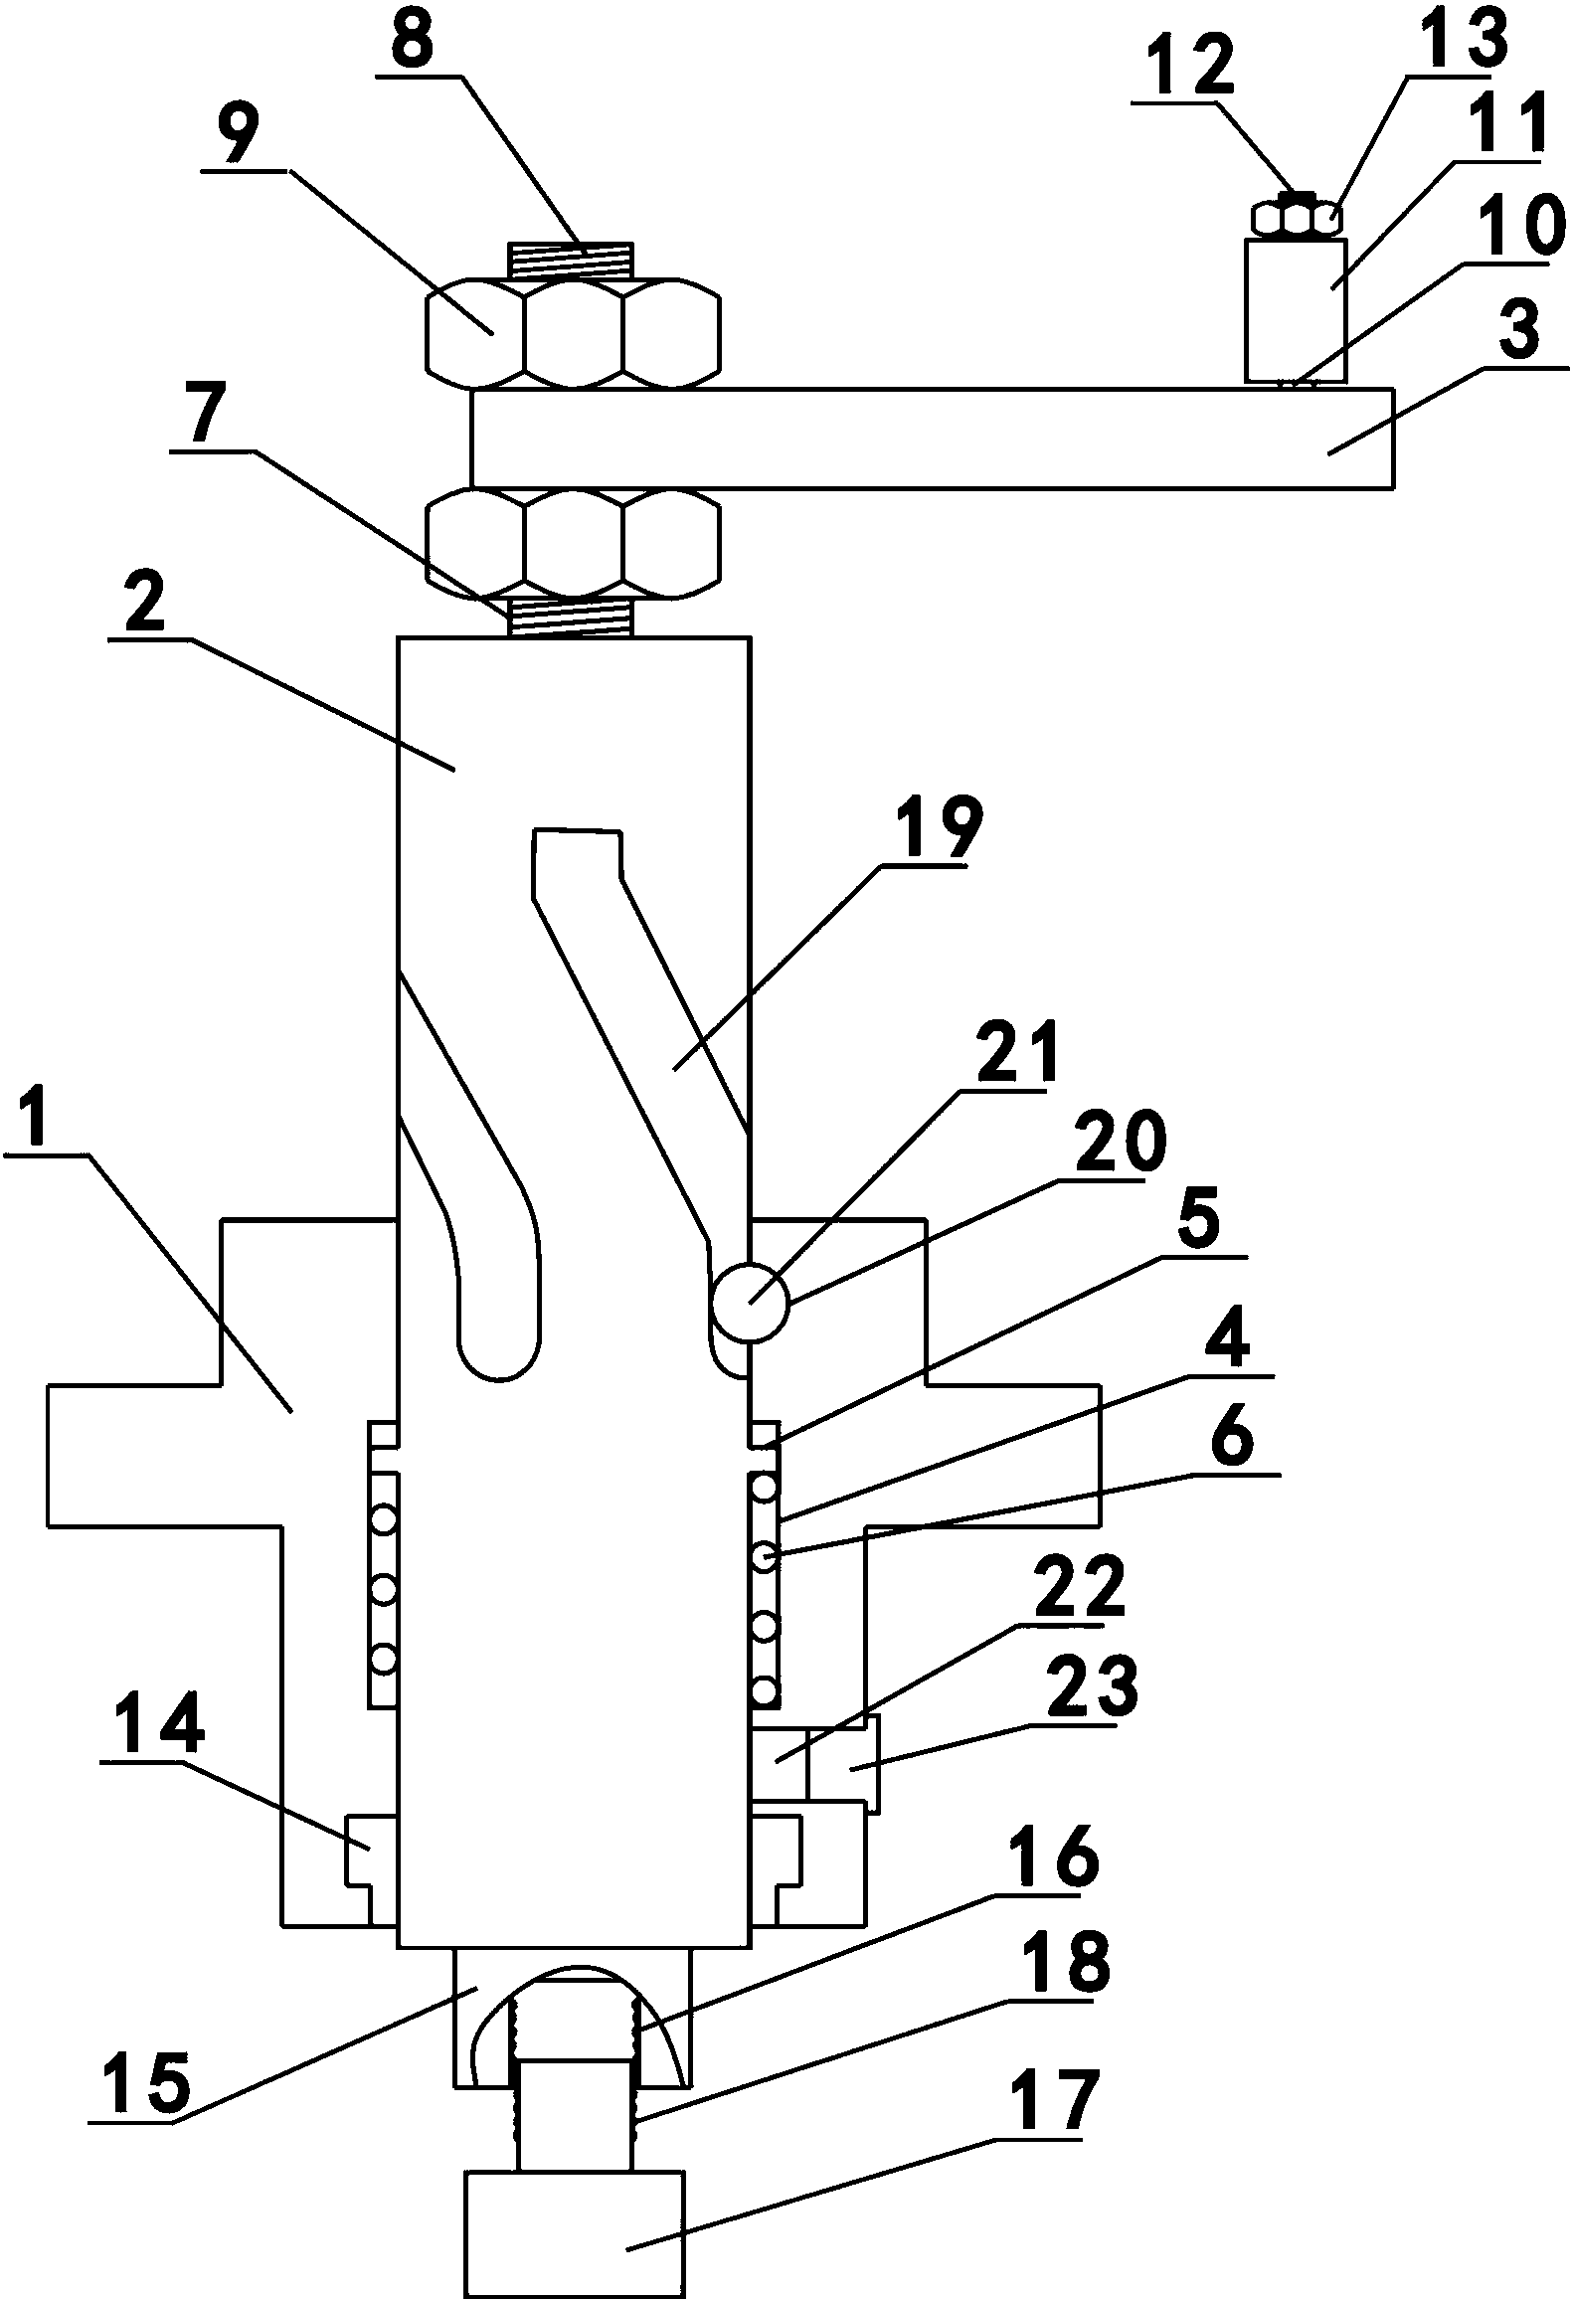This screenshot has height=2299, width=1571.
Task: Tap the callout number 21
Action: point(1006,1057)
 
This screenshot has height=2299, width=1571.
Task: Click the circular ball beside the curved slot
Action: point(750,1303)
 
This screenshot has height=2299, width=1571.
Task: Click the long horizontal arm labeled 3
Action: point(932,439)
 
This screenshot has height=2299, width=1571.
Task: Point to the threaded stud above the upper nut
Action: point(571,263)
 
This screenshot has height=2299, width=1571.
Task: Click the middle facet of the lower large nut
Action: point(573,543)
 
